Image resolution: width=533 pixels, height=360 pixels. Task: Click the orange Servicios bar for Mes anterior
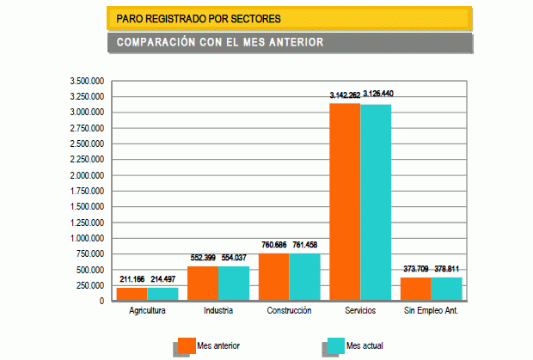pyautogui.click(x=345, y=202)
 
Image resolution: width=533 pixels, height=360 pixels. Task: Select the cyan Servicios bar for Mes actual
pyautogui.click(x=376, y=202)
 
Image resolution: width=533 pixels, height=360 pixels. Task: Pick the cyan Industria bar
pyautogui.click(x=233, y=284)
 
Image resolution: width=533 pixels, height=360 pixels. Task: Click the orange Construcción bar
pyautogui.click(x=273, y=277)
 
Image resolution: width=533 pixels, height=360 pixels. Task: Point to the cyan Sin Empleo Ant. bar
pyautogui.click(x=446, y=289)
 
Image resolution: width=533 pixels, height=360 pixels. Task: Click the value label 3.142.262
pyautogui.click(x=345, y=95)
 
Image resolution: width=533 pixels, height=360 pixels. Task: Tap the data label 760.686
pyautogui.click(x=274, y=245)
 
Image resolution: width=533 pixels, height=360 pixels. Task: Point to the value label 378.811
pyautogui.click(x=447, y=269)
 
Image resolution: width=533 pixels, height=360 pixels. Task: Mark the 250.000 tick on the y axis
pyautogui.click(x=90, y=285)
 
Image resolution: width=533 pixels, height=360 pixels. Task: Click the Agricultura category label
pyautogui.click(x=147, y=310)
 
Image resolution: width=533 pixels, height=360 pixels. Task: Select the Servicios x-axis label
pyautogui.click(x=360, y=310)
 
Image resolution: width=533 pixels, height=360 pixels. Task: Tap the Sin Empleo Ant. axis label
pyautogui.click(x=431, y=310)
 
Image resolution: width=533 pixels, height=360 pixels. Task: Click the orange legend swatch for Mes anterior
pyautogui.click(x=185, y=345)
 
